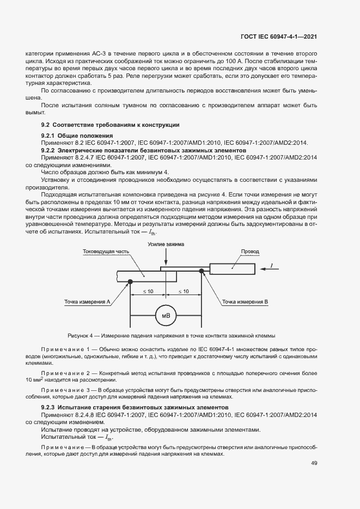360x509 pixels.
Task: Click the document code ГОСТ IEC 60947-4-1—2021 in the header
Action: click(279, 36)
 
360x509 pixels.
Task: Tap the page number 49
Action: click(314, 463)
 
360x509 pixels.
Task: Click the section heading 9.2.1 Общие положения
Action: click(77, 136)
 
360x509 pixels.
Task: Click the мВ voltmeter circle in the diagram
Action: click(164, 316)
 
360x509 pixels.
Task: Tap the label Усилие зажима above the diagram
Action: click(166, 245)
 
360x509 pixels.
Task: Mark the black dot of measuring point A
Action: click(131, 281)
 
